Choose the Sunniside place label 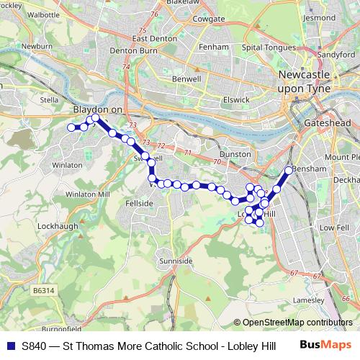tap(176, 260)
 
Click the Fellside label tap(140, 204)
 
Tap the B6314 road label tap(44, 290)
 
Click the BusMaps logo tap(326, 346)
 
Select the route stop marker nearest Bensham tap(289, 171)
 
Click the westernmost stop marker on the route tap(71, 127)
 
